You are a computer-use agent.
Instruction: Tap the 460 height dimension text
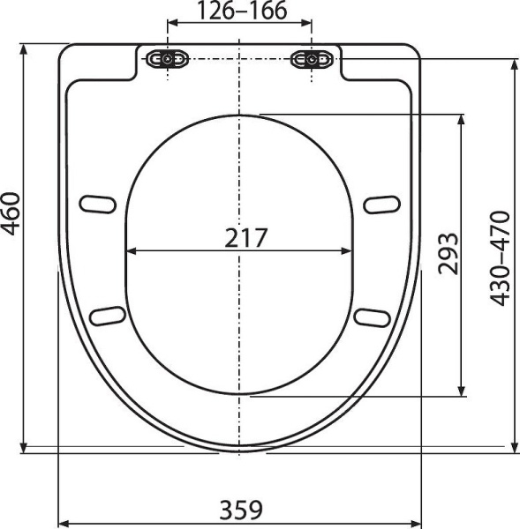[x=11, y=213]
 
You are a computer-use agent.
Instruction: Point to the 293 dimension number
[x=448, y=253]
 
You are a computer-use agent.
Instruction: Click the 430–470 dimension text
[x=500, y=257]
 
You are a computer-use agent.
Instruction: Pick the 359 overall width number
[x=239, y=510]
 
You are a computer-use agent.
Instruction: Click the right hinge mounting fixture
[x=312, y=59]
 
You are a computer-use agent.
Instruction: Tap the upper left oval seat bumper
[x=98, y=204]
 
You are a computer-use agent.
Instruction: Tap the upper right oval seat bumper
[x=382, y=204]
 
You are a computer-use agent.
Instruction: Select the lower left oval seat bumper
[x=107, y=314]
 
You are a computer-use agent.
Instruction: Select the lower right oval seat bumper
[x=372, y=315]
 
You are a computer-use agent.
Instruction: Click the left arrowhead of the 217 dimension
[x=132, y=251]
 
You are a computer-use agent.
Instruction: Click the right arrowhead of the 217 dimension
[x=349, y=251]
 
